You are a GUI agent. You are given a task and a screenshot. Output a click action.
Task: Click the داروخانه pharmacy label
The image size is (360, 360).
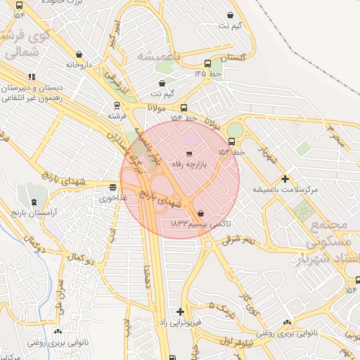[79, 64]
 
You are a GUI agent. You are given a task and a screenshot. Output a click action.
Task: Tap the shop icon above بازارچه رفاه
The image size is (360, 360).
[188, 153]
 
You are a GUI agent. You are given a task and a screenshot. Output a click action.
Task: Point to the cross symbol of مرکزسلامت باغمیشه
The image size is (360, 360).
[285, 179]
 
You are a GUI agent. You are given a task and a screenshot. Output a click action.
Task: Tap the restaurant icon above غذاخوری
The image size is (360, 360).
[113, 187]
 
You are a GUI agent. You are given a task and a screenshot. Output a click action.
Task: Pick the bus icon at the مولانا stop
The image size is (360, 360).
[184, 108]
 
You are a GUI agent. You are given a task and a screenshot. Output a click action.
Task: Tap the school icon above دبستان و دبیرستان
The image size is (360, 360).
[32, 77]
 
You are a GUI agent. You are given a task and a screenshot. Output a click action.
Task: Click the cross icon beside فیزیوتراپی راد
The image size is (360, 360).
[181, 311]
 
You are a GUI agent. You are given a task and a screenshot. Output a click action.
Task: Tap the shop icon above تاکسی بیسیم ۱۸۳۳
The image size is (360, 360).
[202, 213]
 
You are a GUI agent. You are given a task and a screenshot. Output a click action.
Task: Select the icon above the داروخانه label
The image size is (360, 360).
[79, 54]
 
